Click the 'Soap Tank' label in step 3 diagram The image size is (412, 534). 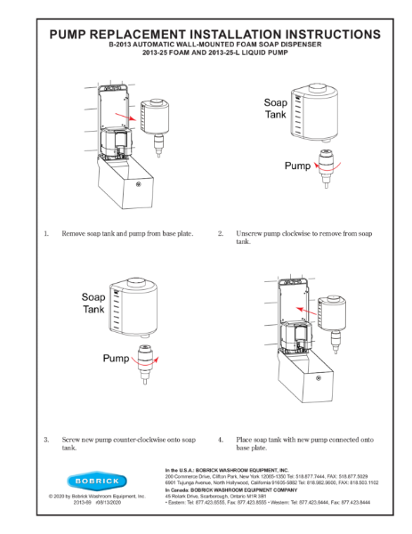click(x=95, y=303)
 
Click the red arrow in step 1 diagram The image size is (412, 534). click(x=132, y=117)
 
